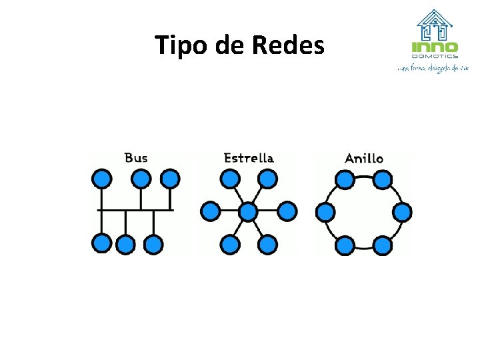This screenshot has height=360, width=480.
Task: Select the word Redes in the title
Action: [x=289, y=46]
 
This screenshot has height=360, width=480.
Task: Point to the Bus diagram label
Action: [x=136, y=158]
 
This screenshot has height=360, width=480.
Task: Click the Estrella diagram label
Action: [x=249, y=158]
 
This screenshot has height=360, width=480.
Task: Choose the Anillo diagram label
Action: [x=364, y=159]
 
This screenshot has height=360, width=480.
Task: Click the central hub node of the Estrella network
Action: [x=248, y=212]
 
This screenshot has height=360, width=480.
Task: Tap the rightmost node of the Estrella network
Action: [x=287, y=211]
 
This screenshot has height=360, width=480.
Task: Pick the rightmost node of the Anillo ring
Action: [x=402, y=212]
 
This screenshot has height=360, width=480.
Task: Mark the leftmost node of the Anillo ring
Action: [x=325, y=212]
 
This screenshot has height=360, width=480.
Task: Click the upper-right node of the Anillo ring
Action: [x=382, y=179]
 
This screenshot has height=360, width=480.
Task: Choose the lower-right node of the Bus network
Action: [x=154, y=244]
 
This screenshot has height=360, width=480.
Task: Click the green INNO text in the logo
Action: [x=435, y=47]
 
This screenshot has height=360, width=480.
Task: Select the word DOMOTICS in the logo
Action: [x=435, y=56]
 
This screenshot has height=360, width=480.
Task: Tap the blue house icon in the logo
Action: [x=435, y=25]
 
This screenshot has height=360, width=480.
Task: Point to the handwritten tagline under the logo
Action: [x=433, y=67]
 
